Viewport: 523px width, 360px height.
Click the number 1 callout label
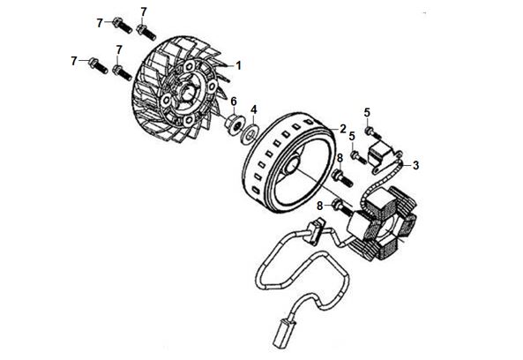click(238, 65)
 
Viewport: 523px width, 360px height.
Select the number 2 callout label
click(343, 129)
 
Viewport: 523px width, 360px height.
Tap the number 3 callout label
click(415, 165)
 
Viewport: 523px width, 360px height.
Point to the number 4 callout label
click(254, 109)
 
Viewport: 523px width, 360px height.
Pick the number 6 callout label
click(234, 101)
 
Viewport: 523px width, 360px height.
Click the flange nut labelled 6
click(233, 125)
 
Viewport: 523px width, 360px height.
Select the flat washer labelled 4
click(250, 132)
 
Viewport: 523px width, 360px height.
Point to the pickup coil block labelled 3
click(377, 152)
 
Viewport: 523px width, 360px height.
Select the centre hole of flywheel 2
click(292, 165)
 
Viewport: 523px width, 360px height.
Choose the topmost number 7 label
click(144, 11)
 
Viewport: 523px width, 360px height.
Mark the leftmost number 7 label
click(74, 62)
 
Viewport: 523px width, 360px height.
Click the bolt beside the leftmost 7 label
click(98, 65)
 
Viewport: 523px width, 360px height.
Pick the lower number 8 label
click(320, 206)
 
